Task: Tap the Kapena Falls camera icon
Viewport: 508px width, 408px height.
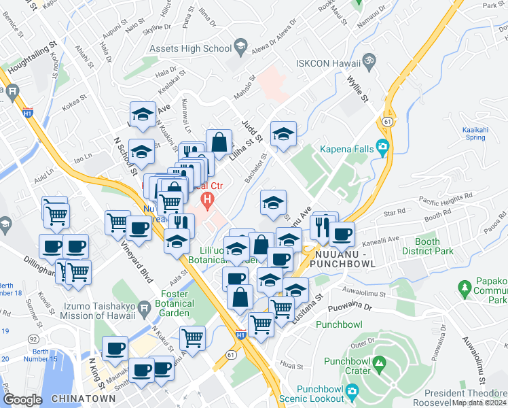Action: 383,146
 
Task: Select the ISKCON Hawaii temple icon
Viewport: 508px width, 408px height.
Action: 369,61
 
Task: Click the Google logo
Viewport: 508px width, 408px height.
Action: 22,400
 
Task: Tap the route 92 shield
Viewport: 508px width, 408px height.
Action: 33,338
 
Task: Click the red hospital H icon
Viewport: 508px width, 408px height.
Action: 208,201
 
